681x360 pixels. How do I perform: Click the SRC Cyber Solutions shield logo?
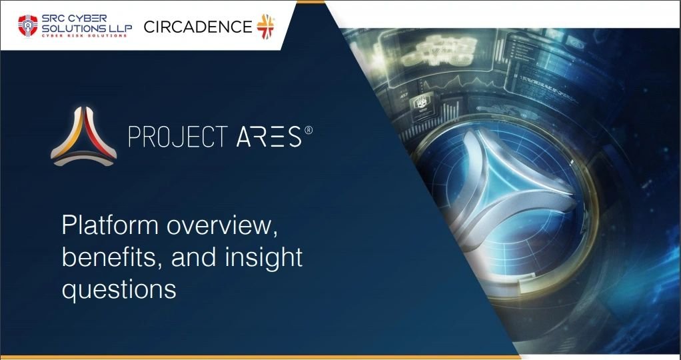(27, 26)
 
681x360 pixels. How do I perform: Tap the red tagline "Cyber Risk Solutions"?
(85, 35)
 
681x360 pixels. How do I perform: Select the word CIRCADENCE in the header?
(198, 27)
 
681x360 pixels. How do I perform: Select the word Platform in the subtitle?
(109, 226)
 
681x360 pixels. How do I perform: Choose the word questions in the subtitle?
(119, 289)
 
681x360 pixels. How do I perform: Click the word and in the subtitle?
(191, 257)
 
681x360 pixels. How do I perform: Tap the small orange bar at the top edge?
(311, 2)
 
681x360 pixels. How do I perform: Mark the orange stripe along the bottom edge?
(253, 357)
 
